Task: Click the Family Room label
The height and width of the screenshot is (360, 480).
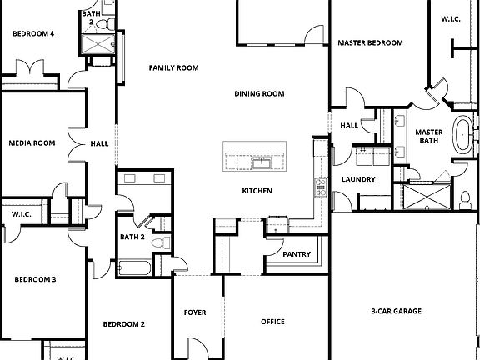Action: (173, 68)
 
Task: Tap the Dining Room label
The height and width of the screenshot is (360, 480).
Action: (259, 94)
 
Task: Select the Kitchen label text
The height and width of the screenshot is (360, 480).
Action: (257, 191)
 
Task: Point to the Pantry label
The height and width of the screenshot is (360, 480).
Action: (297, 254)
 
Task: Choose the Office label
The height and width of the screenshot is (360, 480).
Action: (272, 322)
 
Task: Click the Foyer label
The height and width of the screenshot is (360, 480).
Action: (195, 312)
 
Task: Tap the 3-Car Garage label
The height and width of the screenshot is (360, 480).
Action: (397, 312)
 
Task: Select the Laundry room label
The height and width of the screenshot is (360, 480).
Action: (358, 179)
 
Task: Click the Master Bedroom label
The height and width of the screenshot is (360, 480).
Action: (370, 42)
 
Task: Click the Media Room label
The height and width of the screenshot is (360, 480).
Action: (32, 143)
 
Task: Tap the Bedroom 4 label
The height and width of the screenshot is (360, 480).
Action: (33, 34)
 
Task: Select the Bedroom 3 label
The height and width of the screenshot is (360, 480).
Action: (35, 279)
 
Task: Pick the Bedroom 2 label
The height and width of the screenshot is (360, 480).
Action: (124, 324)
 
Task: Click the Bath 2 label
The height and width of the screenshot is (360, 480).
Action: (132, 237)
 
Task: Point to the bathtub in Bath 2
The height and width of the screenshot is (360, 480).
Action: (134, 269)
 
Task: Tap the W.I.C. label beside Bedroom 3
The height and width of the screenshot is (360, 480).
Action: (22, 215)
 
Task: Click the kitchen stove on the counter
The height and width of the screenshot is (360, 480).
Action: (318, 187)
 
